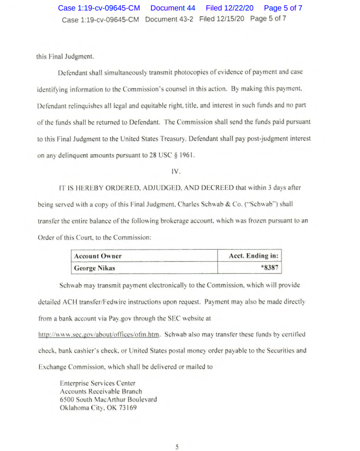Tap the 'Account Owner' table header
pyautogui.click(x=98, y=256)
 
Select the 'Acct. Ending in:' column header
pyautogui.click(x=254, y=256)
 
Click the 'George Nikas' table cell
pyautogui.click(x=95, y=267)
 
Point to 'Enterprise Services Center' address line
pyautogui.click(x=97, y=383)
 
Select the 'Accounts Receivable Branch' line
pyautogui.click(x=101, y=391)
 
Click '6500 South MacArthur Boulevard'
pyautogui.click(x=108, y=399)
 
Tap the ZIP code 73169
pyautogui.click(x=127, y=407)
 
